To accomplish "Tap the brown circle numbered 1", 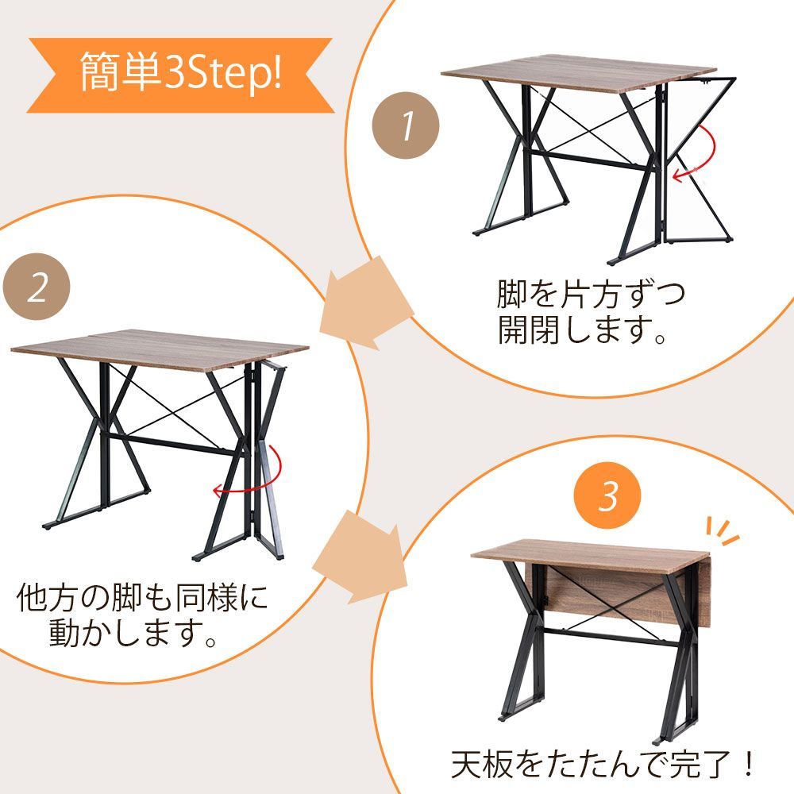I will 407,125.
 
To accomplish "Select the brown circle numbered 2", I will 37,287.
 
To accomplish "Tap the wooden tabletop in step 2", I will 159,349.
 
